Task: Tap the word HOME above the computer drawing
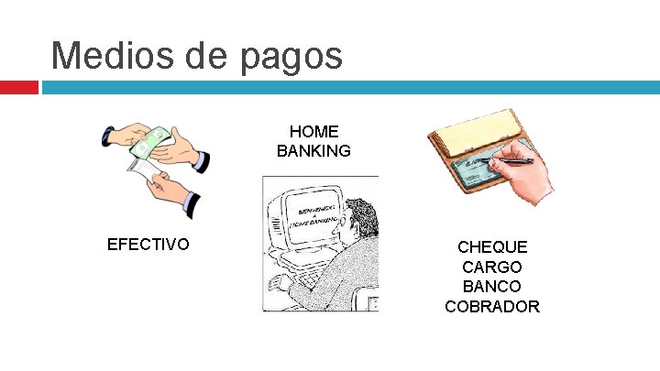(313, 132)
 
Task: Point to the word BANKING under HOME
(313, 150)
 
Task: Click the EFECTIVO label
(148, 245)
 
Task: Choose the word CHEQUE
(492, 247)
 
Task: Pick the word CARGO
(492, 267)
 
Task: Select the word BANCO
(492, 287)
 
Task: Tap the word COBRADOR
(492, 306)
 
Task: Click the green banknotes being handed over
(150, 141)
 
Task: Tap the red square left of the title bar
(18, 87)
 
